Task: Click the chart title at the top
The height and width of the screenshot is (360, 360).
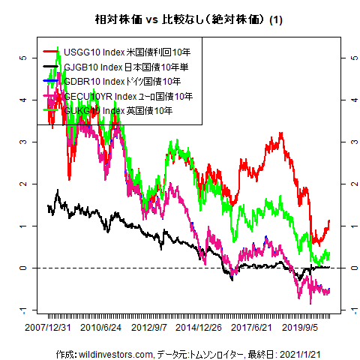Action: (x=179, y=18)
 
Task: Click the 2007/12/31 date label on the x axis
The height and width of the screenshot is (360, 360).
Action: (x=49, y=328)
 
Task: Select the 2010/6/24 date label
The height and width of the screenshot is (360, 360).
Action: (x=101, y=328)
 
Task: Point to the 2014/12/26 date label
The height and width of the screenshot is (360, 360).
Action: (x=199, y=328)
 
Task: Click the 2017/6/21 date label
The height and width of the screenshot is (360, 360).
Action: (x=251, y=328)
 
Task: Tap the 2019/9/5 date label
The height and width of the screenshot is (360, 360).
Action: (x=302, y=328)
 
